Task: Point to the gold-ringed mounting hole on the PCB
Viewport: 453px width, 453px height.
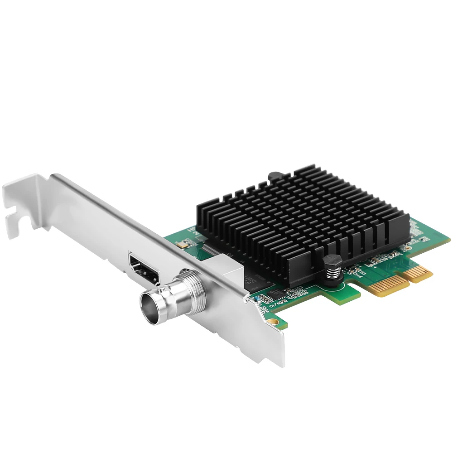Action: pos(271,322)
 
